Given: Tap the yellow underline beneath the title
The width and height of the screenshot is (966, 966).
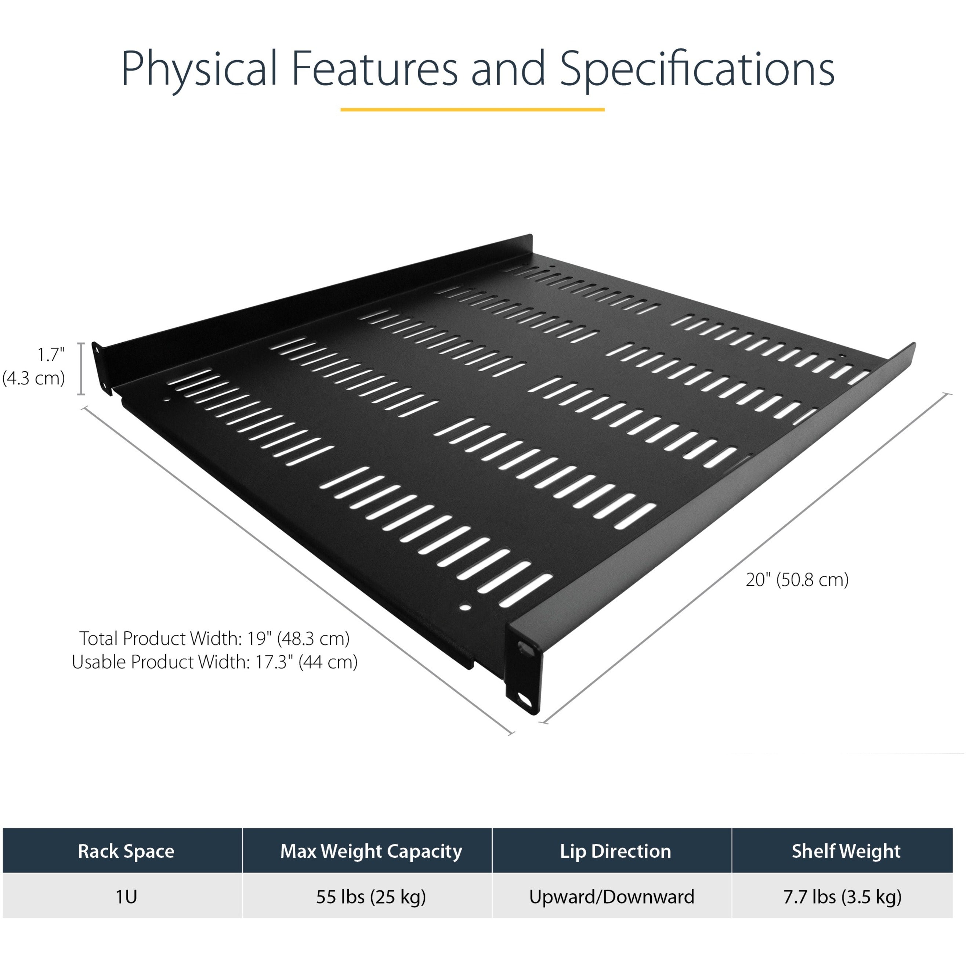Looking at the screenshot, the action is (x=473, y=109).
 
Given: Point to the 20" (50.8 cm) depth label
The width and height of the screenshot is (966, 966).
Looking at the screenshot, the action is (x=797, y=579).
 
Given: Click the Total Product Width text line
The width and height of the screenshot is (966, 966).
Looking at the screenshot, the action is (x=214, y=638).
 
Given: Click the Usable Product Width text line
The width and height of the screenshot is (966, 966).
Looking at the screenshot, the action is (x=214, y=662).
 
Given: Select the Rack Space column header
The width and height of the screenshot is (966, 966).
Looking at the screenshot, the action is (x=126, y=851).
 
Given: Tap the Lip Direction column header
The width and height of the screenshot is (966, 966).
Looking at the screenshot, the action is (x=615, y=851).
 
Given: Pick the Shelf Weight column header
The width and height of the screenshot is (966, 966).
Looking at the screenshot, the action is (x=846, y=851).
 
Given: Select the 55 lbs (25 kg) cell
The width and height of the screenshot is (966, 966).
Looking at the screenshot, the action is (x=371, y=897).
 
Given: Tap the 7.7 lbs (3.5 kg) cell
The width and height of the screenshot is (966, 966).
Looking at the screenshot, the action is (x=843, y=897).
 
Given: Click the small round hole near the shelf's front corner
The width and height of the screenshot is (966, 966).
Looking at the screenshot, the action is (x=466, y=608).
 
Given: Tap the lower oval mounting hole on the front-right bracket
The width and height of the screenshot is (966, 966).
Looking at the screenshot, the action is (x=525, y=698).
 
